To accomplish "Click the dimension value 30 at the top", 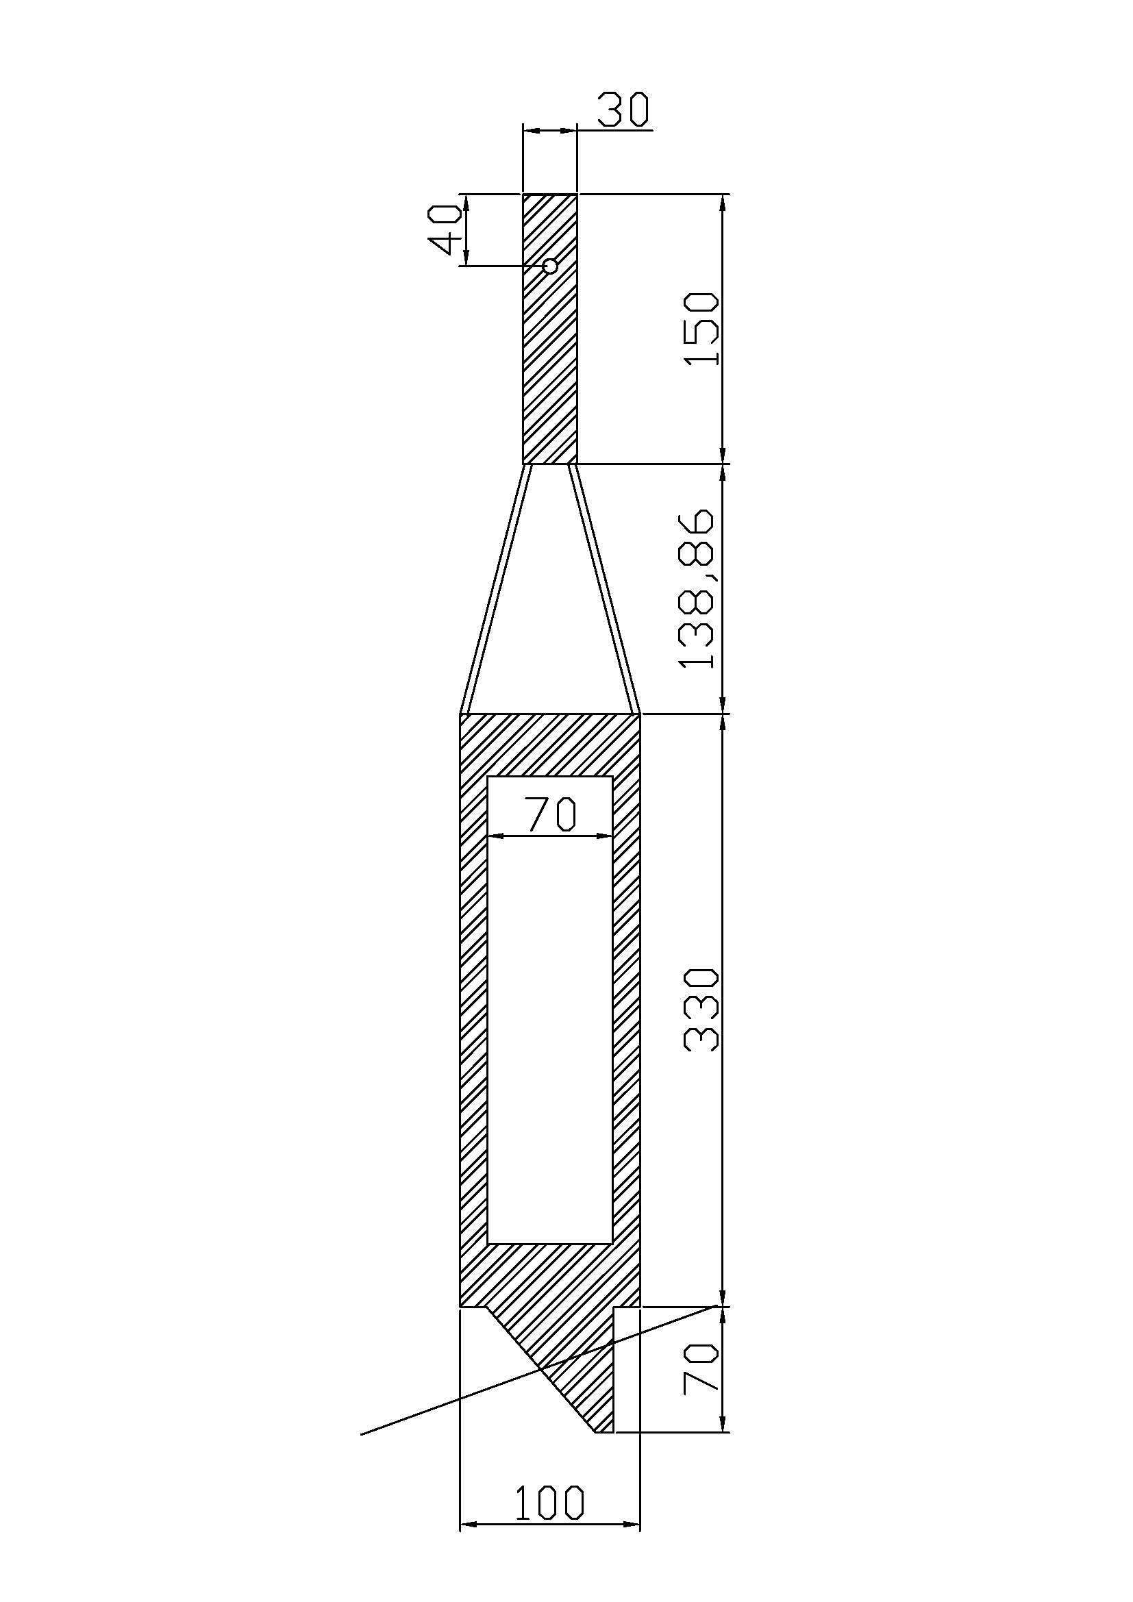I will coord(623,110).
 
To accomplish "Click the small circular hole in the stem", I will coord(550,266).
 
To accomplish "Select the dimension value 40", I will coord(445,229).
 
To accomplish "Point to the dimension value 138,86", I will coord(697,590).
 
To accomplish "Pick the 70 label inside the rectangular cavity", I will coord(551,814).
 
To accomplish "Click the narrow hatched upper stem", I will coord(550,363).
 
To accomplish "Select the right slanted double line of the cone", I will coord(604,590).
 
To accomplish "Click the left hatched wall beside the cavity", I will coord(474,1012).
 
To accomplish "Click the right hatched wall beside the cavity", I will coord(626,1012).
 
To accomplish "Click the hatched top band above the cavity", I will coord(550,745).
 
